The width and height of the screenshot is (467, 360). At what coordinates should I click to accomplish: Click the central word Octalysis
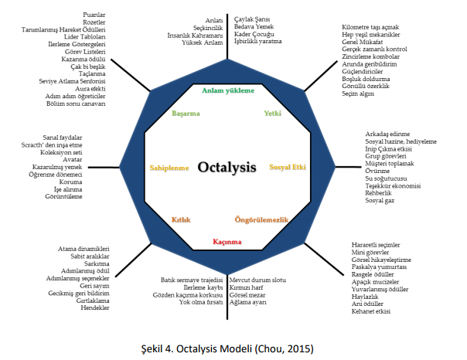(227, 167)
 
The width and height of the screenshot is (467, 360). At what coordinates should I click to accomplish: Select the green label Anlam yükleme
(227, 90)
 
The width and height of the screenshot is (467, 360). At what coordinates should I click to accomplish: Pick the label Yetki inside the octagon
(272, 114)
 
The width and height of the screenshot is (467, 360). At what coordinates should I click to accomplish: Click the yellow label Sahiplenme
(169, 167)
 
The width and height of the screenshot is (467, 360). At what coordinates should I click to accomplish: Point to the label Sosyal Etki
(287, 167)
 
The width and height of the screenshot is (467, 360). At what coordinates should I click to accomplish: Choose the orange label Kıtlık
(181, 220)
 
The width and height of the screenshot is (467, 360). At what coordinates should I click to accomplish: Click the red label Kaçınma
(227, 242)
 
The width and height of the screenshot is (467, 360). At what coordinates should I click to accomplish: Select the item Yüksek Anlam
(203, 43)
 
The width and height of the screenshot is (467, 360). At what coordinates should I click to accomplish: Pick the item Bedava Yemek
(252, 26)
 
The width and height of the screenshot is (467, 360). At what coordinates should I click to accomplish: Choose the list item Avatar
(71, 160)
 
